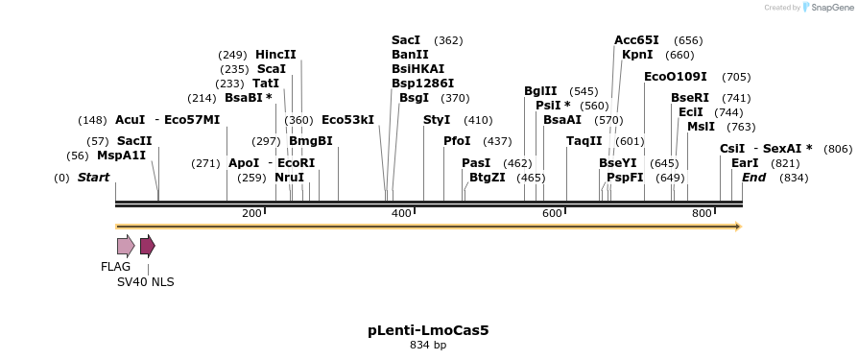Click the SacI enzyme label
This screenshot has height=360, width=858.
pos(406,40)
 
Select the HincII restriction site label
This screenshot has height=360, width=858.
pos(275,55)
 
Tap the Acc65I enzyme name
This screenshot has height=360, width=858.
pos(636,40)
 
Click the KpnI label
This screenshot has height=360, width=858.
pos(637,55)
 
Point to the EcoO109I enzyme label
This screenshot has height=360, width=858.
pos(675,77)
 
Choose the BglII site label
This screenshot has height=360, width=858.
pos(540,91)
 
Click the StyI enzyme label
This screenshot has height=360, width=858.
pos(437,120)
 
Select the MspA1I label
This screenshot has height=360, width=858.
pos(121,156)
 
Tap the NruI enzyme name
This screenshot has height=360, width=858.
pos(289,178)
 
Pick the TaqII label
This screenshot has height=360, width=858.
pos(584,141)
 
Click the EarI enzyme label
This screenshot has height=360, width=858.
pos(745,163)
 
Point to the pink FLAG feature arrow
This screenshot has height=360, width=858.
pos(126,246)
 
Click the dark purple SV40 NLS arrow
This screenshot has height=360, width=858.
pos(147,246)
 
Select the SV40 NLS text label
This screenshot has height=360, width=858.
pos(146,282)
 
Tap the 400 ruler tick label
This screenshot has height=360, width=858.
pos(402,212)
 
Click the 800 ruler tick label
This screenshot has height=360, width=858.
pos(702,212)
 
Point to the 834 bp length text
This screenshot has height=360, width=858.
pos(428,345)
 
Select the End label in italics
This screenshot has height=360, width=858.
pos(753,178)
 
